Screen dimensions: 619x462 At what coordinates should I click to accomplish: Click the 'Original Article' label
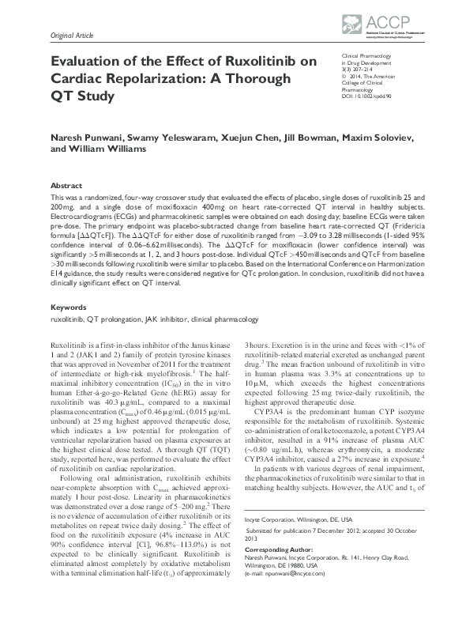click(x=72, y=36)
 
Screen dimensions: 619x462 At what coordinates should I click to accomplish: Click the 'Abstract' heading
click(x=65, y=183)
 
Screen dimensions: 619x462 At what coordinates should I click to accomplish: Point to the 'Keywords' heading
click(x=69, y=306)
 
